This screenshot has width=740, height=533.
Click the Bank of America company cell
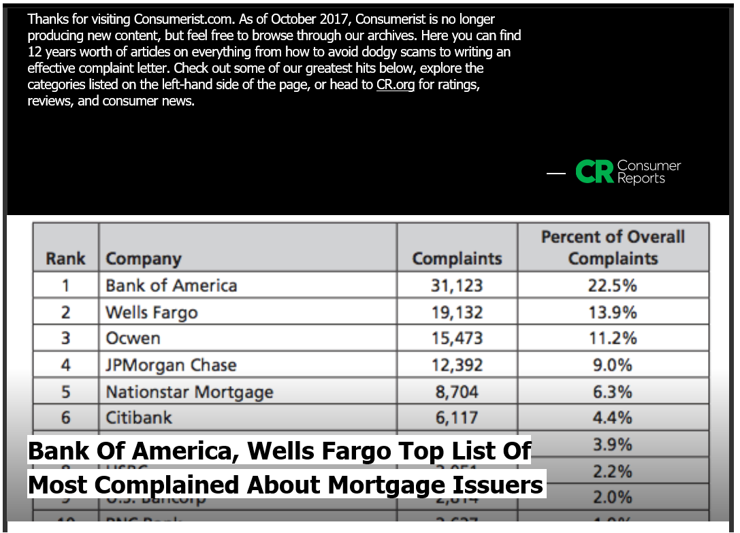(x=172, y=285)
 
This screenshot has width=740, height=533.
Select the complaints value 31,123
(x=456, y=285)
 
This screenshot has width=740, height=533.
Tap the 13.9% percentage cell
(x=613, y=312)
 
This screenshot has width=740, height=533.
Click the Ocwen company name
(x=133, y=338)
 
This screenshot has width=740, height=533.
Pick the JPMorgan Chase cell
(x=171, y=365)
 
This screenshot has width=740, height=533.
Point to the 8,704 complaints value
(x=456, y=392)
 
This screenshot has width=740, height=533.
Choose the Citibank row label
(x=139, y=417)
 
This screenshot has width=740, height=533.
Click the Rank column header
(x=65, y=259)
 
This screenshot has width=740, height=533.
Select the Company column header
(x=144, y=259)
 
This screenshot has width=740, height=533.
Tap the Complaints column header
(x=457, y=259)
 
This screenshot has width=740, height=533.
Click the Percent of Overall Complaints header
(x=613, y=248)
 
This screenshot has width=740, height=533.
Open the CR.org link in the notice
(x=395, y=85)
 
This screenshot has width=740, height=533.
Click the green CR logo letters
(x=594, y=172)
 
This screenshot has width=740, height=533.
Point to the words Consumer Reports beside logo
(x=648, y=172)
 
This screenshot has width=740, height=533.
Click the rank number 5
(x=65, y=392)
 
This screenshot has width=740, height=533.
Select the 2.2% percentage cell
(x=613, y=471)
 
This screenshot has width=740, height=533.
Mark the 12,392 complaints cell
(x=456, y=365)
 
